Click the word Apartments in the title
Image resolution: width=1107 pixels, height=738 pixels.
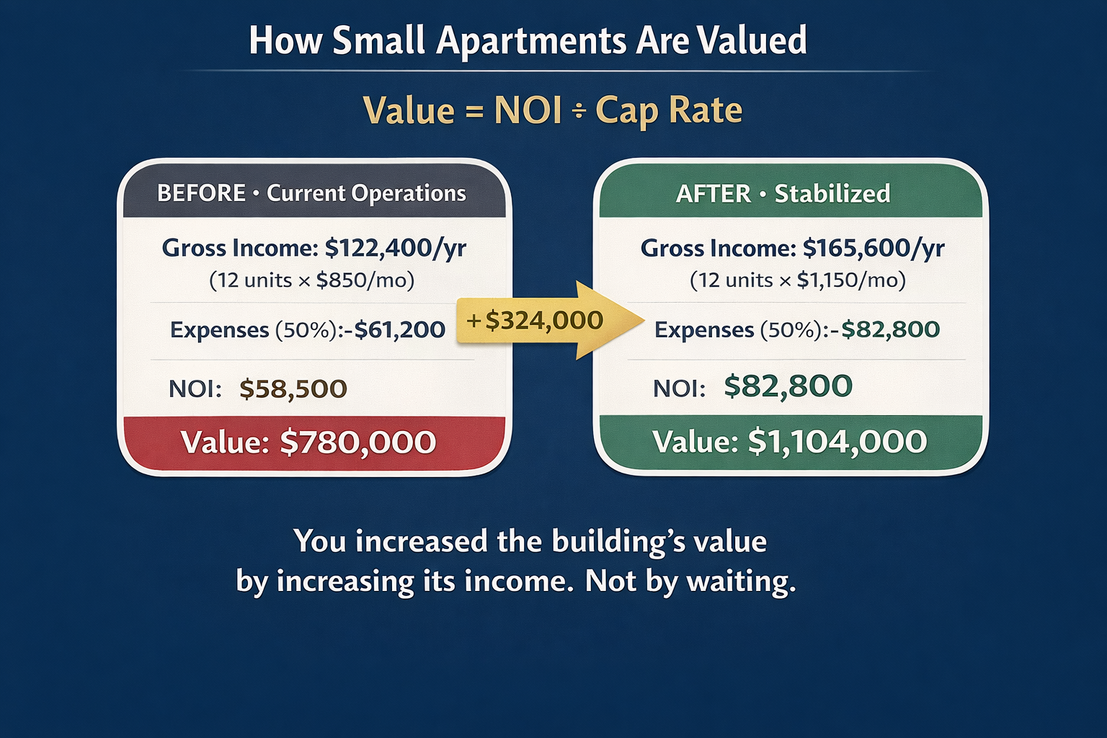[x=531, y=42]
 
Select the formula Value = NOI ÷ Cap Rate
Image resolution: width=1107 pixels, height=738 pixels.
[x=553, y=111]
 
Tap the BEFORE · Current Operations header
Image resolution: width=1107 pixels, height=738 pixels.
[x=311, y=192]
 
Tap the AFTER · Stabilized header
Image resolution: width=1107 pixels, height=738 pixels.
[x=783, y=193]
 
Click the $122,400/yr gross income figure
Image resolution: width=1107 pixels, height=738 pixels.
[x=396, y=248]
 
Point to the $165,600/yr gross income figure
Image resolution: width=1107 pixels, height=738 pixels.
[x=873, y=248]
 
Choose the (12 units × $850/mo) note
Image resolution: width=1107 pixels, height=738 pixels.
[x=312, y=281]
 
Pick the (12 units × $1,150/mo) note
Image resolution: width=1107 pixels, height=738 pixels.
[x=798, y=281]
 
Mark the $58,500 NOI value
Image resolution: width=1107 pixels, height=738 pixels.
[x=293, y=389]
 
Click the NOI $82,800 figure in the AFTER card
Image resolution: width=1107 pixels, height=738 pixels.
[x=788, y=386]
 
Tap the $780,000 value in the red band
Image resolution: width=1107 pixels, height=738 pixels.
[x=357, y=442]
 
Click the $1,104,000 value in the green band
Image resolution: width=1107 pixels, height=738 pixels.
[x=837, y=441]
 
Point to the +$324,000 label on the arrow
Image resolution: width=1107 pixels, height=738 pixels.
[x=534, y=320]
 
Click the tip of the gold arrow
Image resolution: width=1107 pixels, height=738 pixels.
[x=644, y=320]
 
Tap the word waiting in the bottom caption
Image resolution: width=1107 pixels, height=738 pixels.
[x=742, y=582]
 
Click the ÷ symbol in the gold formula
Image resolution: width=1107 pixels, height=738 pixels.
[x=579, y=111]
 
